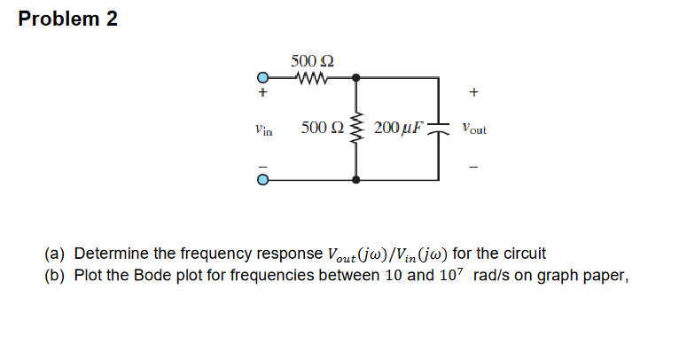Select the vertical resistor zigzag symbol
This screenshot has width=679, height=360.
356,129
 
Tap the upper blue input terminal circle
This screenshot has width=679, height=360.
262,77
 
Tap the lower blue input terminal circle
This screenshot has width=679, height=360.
262,179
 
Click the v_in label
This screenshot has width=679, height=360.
262,129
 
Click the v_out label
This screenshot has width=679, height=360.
473,129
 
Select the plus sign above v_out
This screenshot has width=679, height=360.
474,90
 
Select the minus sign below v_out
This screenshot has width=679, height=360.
474,166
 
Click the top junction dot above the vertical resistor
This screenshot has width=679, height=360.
356,77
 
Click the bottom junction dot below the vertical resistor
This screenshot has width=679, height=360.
356,179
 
